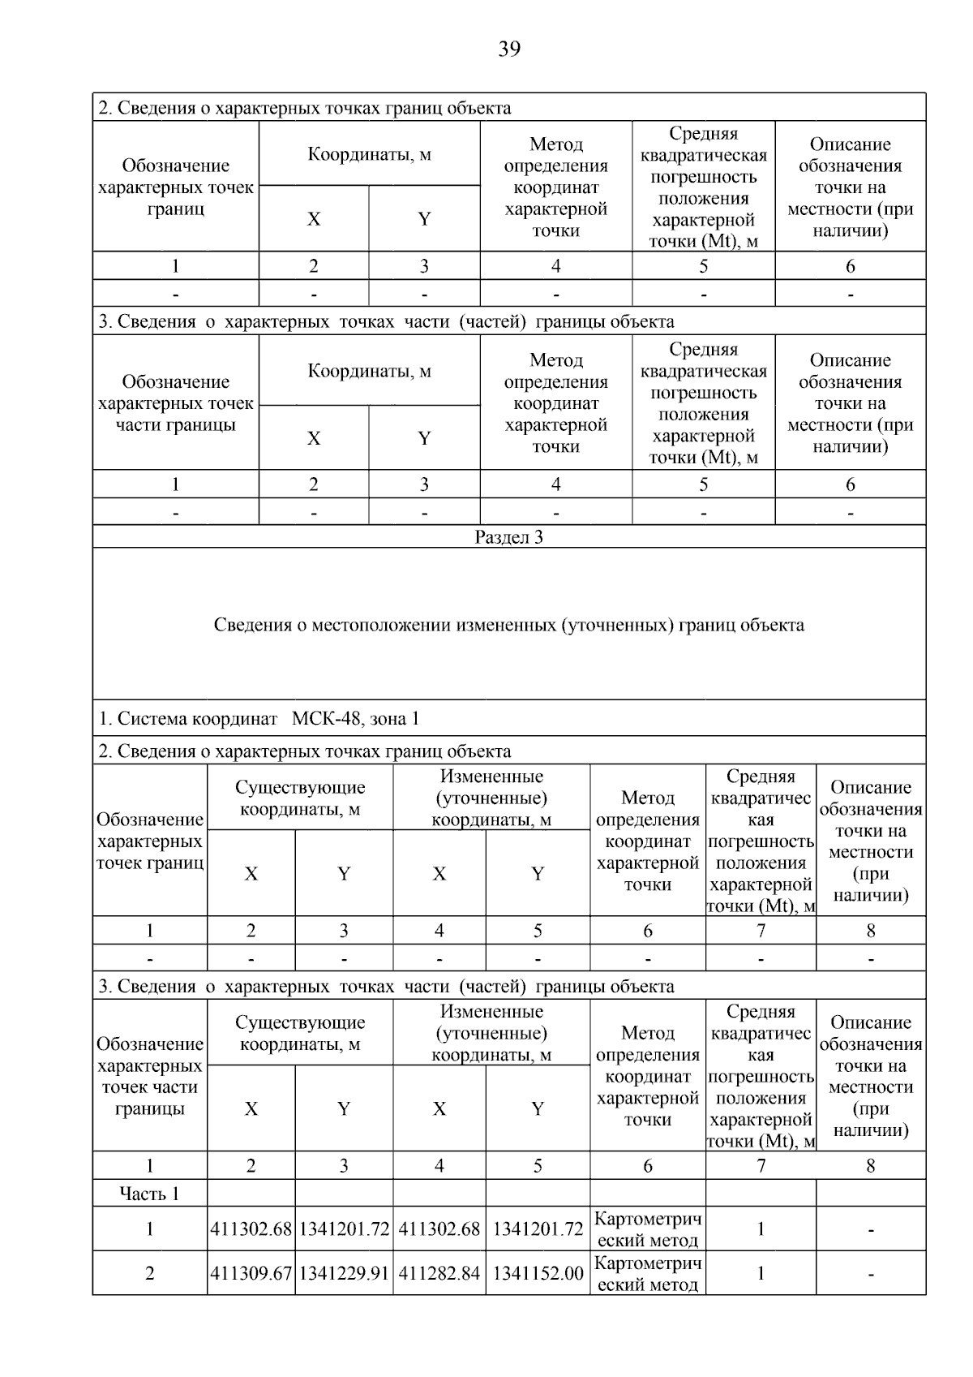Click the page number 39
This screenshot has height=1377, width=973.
click(x=508, y=49)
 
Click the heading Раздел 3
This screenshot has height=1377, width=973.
click(x=508, y=537)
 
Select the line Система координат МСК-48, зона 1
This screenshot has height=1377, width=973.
click(x=259, y=718)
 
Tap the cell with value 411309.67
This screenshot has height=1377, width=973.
click(x=251, y=1273)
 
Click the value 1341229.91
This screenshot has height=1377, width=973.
click(x=344, y=1273)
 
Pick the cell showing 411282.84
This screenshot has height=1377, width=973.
click(x=439, y=1273)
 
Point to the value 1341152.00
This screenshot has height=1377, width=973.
click(x=538, y=1273)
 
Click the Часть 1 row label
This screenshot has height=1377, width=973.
click(x=149, y=1193)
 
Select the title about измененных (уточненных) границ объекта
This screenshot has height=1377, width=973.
click(x=508, y=625)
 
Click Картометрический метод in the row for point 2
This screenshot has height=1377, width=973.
click(x=647, y=1273)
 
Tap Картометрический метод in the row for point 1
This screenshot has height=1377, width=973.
click(x=647, y=1229)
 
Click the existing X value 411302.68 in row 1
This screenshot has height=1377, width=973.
click(x=251, y=1229)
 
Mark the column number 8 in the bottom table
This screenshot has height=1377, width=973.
click(x=870, y=1165)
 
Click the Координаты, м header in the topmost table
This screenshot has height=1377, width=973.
click(x=369, y=154)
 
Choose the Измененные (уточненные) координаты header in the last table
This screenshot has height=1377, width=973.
click(x=491, y=1033)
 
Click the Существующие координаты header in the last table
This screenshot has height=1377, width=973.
click(x=300, y=1033)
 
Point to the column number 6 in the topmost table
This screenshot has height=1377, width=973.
click(x=850, y=266)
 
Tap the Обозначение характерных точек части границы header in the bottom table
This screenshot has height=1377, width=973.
click(x=149, y=1076)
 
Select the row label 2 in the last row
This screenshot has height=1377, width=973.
click(x=149, y=1273)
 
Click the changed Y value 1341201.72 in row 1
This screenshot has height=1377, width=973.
click(x=538, y=1229)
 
